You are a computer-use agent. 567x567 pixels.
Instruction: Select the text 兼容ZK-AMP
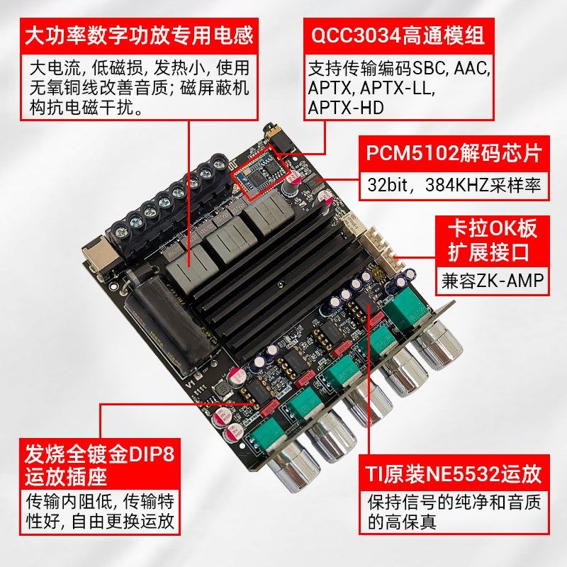(489, 282)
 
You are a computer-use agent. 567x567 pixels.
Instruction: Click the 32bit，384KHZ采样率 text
(454, 186)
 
